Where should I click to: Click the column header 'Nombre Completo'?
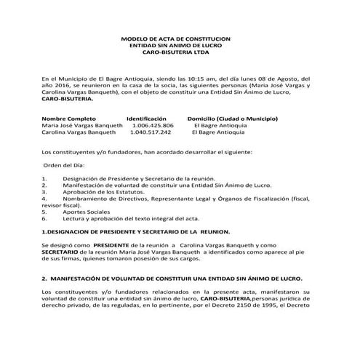tap(69, 119)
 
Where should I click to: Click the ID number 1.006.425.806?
tap(153, 126)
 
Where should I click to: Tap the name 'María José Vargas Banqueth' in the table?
tap(82, 126)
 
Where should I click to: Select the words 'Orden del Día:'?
tap(64, 166)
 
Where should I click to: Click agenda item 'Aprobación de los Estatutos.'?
tap(101, 192)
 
